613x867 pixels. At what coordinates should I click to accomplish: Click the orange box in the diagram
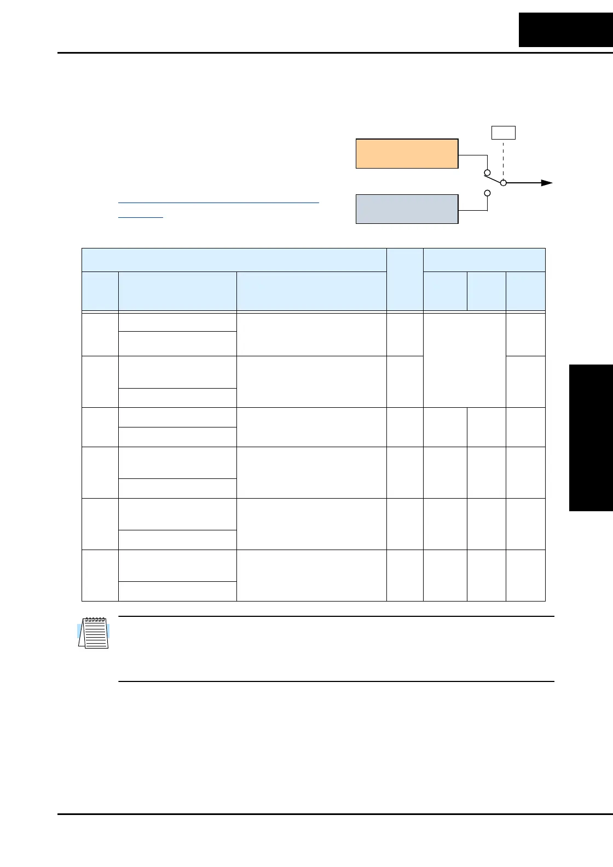click(407, 153)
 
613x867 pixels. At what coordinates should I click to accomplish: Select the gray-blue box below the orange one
click(407, 209)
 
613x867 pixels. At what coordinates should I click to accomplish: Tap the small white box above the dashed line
click(503, 132)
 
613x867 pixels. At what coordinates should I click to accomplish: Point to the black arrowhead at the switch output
click(547, 183)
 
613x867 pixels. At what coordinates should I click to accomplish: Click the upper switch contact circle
click(487, 173)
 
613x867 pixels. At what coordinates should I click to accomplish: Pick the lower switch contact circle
click(487, 193)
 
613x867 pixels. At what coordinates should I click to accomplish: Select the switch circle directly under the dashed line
click(504, 183)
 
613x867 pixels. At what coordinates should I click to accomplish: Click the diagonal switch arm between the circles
click(495, 178)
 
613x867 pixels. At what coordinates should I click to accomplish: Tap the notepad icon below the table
click(94, 633)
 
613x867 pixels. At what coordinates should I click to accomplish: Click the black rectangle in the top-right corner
click(565, 30)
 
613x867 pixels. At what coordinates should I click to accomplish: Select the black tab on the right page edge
click(591, 438)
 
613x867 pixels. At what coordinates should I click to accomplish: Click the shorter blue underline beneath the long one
click(141, 217)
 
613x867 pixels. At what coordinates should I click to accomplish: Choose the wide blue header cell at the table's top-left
click(234, 260)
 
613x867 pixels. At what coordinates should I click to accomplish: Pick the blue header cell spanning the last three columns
click(484, 260)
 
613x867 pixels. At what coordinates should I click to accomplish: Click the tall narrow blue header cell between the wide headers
click(404, 280)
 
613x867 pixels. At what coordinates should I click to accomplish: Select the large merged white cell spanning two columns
click(464, 360)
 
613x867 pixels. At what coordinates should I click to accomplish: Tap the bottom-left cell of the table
click(100, 575)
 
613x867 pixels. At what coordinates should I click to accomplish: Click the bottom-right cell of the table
click(525, 575)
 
